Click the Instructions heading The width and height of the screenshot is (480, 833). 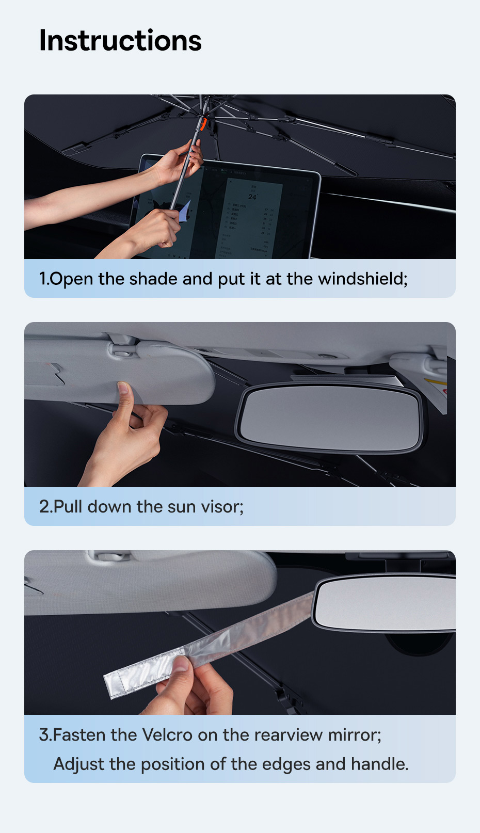[120, 41]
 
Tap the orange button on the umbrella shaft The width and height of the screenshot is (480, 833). [203, 124]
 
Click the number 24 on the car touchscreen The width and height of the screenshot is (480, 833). [252, 197]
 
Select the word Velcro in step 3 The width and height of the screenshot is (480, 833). [167, 735]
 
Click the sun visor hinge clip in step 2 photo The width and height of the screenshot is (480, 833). [124, 349]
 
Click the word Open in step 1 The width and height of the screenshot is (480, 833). [71, 279]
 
